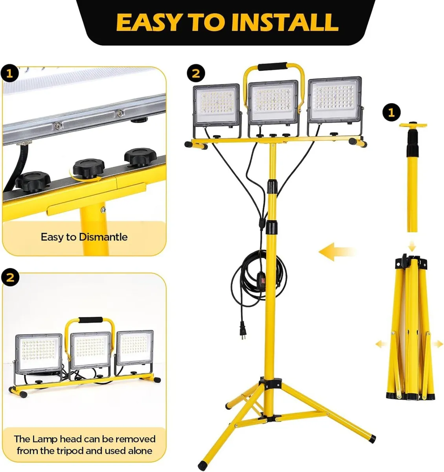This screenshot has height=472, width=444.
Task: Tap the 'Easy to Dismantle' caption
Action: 84,237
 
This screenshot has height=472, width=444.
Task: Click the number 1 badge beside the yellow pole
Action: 391,113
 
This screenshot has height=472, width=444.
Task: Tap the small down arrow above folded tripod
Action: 412,247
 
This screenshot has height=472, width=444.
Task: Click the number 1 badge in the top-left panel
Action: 10,74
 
